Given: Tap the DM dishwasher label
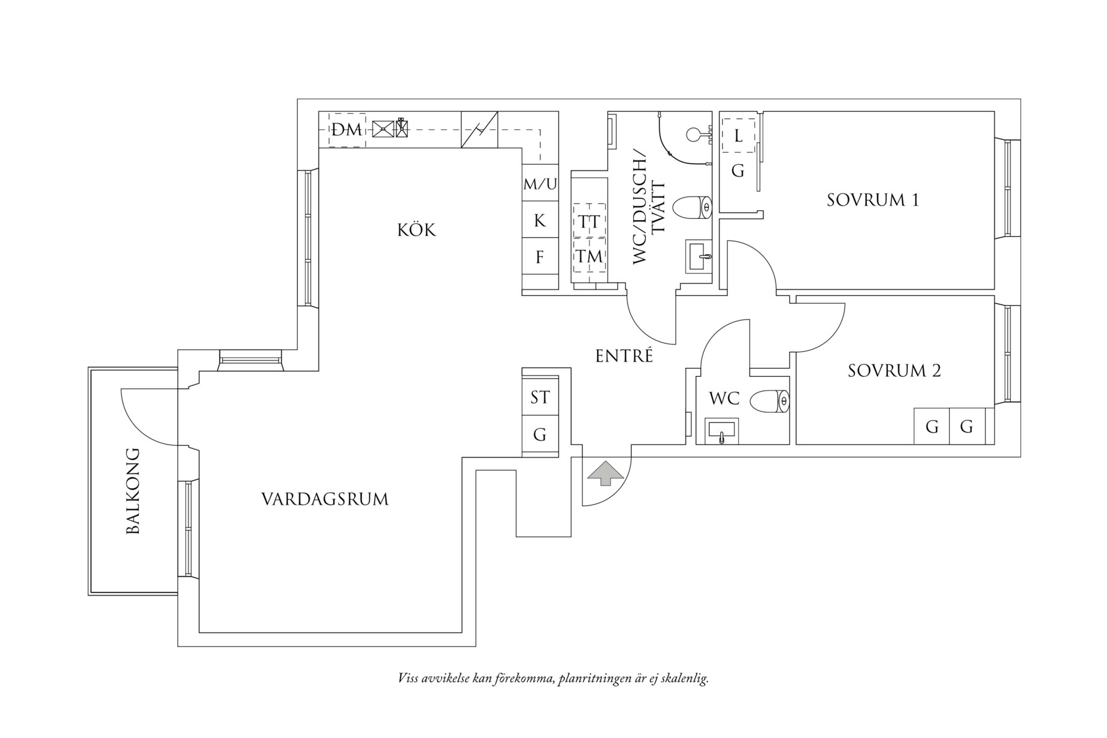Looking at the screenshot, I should click(346, 130).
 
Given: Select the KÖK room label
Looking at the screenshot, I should click(417, 230).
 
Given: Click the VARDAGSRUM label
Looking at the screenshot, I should click(325, 499).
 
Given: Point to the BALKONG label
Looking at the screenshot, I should click(133, 491).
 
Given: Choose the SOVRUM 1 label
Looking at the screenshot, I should click(873, 200).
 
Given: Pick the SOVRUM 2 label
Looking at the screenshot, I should click(894, 371).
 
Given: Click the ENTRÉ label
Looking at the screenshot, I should click(624, 356).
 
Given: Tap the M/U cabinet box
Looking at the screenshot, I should click(540, 184).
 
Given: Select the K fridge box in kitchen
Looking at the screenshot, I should click(540, 220).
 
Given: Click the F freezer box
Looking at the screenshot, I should click(540, 256).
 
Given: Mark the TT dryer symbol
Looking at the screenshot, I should click(588, 221).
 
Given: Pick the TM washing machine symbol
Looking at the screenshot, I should click(588, 256).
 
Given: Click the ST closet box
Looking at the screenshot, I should click(540, 397).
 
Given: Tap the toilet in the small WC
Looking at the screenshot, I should click(769, 401).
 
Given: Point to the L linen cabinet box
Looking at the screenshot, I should click(738, 136).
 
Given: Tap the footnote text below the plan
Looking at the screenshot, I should click(553, 678).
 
